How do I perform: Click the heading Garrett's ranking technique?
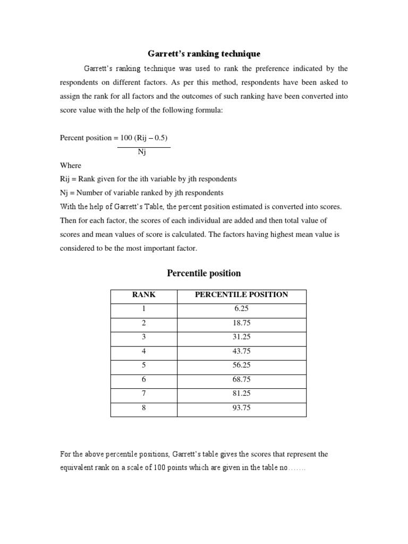click(x=203, y=54)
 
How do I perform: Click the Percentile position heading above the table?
click(x=203, y=273)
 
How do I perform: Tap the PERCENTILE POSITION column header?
click(x=242, y=295)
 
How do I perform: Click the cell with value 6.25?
click(x=242, y=309)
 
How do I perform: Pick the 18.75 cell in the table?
click(x=242, y=323)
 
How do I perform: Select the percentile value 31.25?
click(x=242, y=337)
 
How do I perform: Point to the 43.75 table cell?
click(x=242, y=351)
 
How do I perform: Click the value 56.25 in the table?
click(x=242, y=365)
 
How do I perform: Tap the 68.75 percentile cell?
click(x=242, y=380)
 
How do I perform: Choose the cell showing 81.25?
click(x=242, y=394)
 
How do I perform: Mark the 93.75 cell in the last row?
click(x=242, y=408)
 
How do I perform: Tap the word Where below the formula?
click(x=71, y=165)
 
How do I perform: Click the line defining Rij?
click(x=148, y=179)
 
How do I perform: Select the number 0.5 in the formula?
click(x=157, y=138)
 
